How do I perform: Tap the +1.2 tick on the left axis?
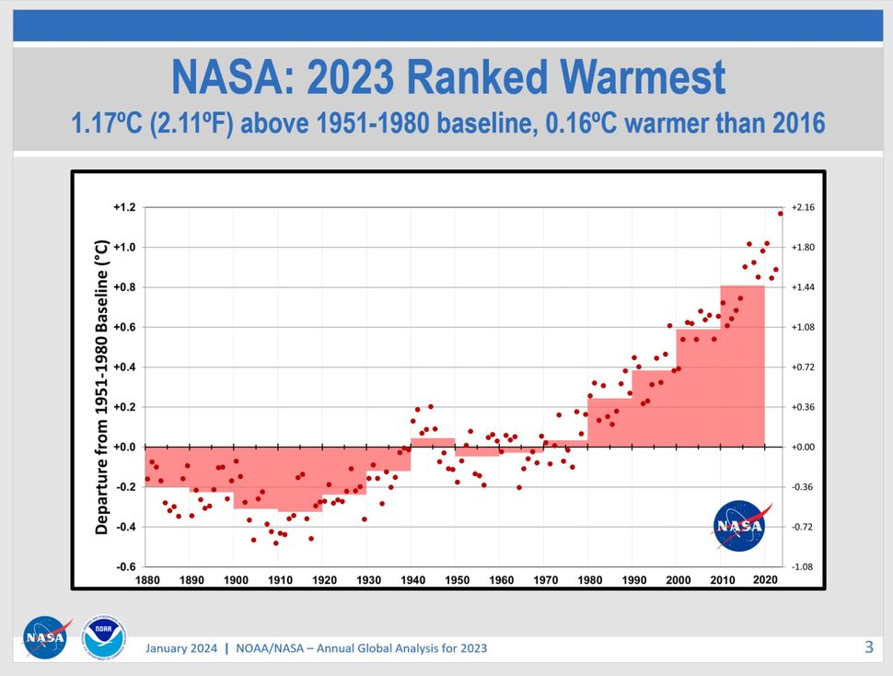click(x=124, y=207)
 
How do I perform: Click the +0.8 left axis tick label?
click(x=124, y=287)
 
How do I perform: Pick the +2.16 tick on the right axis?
click(x=804, y=207)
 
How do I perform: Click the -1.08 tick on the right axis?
click(x=804, y=566)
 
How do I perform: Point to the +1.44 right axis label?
click(x=804, y=287)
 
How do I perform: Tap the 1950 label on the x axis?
click(x=456, y=580)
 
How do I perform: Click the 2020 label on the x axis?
click(x=766, y=580)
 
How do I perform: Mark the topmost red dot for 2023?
click(x=781, y=214)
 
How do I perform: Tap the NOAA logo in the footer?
click(x=105, y=637)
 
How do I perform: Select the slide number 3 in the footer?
click(x=868, y=647)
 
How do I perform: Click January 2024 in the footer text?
click(x=181, y=648)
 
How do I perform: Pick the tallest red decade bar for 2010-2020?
click(x=743, y=368)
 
